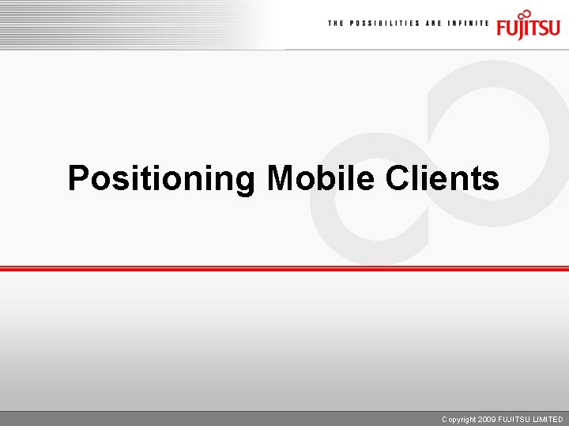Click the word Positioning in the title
click(x=160, y=178)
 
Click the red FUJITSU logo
click(x=528, y=25)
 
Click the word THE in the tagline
click(x=336, y=24)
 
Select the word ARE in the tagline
click(x=435, y=24)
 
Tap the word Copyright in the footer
click(x=459, y=420)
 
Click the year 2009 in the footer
click(x=488, y=420)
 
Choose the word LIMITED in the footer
click(x=548, y=420)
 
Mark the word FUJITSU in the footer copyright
click(x=514, y=420)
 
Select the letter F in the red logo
click(x=503, y=28)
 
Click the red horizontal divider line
click(x=284, y=269)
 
